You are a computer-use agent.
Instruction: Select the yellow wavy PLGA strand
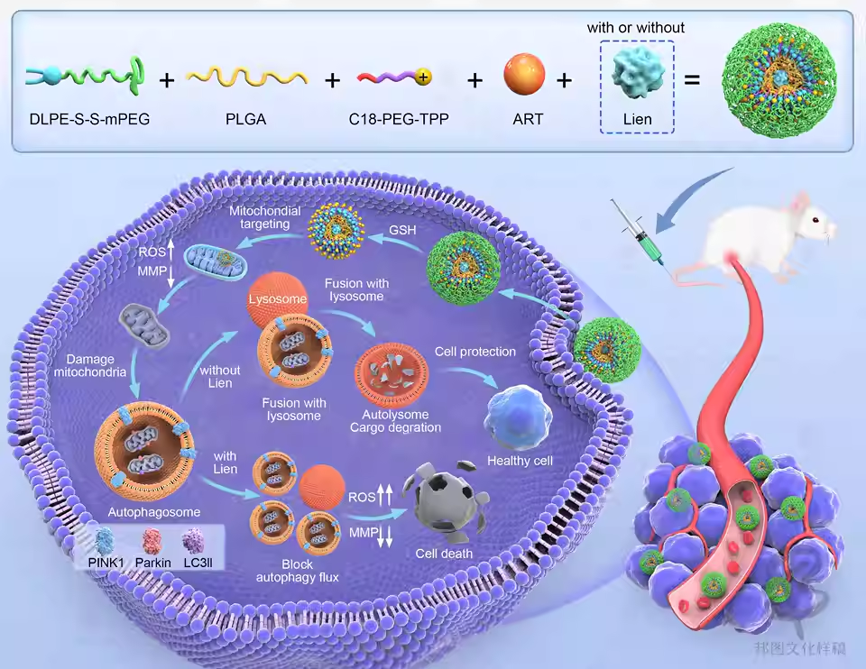(x=246, y=79)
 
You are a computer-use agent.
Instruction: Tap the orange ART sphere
(x=524, y=74)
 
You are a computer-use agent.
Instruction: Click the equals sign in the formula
(x=692, y=80)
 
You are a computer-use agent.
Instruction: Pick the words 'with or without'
(x=636, y=28)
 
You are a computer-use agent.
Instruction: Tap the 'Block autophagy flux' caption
(x=298, y=570)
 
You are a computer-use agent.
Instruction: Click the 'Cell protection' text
(x=475, y=351)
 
